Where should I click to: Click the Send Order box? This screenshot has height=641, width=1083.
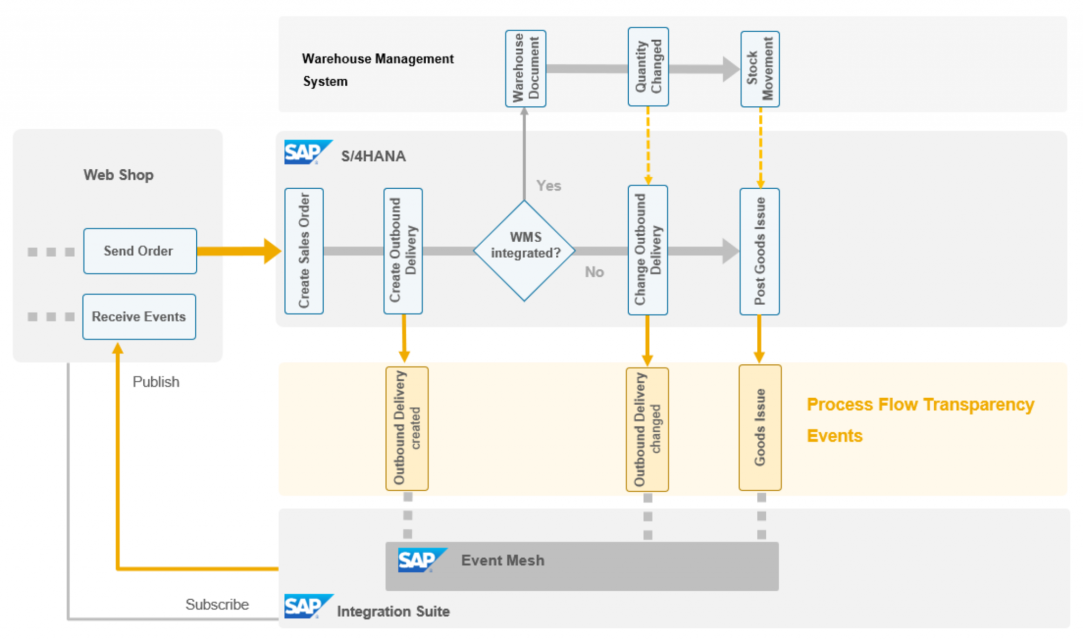tap(140, 251)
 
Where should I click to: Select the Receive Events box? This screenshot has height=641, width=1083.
tap(139, 316)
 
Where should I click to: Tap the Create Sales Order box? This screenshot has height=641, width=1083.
tap(304, 251)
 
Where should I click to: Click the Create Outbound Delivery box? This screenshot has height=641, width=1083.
tap(403, 251)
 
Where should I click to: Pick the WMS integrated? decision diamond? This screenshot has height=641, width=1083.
tap(525, 251)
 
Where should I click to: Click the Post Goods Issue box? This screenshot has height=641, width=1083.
tap(759, 251)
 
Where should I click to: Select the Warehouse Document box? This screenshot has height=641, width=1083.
tap(526, 68)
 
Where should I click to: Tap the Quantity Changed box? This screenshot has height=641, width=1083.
tap(648, 67)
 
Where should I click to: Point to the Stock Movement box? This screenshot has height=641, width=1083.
tap(760, 69)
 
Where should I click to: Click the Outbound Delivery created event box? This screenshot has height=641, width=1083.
tap(407, 428)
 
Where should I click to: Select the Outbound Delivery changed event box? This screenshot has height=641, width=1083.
tap(647, 429)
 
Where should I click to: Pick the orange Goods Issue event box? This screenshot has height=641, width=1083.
tap(760, 427)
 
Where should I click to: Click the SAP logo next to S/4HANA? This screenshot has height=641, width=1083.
tap(307, 152)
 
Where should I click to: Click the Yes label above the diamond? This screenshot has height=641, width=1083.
tap(548, 186)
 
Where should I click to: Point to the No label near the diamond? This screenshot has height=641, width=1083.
tap(594, 272)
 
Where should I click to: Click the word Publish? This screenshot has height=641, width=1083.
tap(155, 382)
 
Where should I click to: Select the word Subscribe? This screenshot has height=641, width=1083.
tap(217, 604)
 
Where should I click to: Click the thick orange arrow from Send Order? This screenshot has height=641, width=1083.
tap(238, 251)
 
